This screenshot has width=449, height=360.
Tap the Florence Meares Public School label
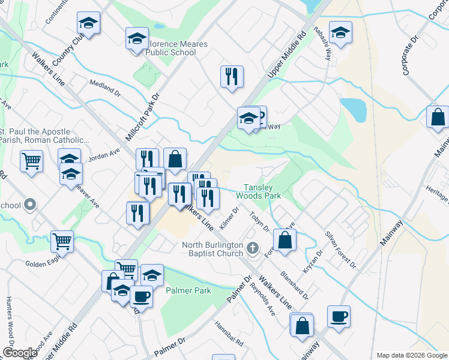tap(171, 49)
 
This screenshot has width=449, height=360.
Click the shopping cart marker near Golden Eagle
tap(62, 241)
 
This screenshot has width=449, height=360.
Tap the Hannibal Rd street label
tap(231, 336)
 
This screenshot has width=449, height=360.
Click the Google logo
tap(20, 353)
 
